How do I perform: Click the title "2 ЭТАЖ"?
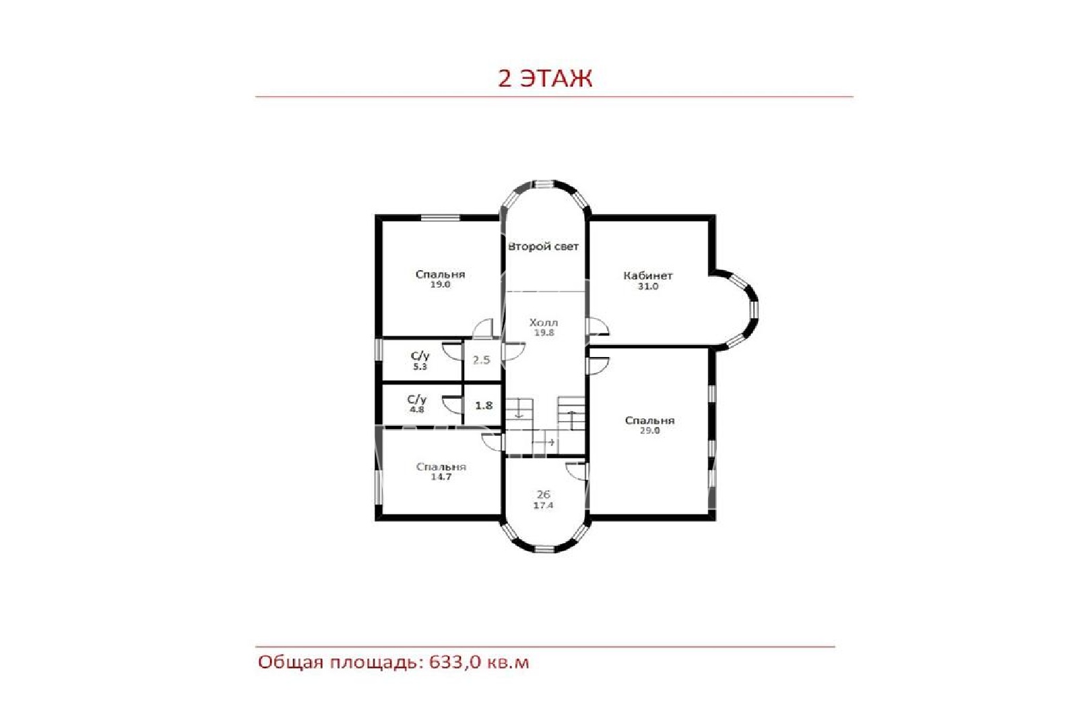(x=545, y=79)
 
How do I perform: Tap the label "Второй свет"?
(x=543, y=247)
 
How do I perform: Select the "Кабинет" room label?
(x=647, y=275)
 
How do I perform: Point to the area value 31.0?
(x=647, y=287)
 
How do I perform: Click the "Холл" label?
(x=544, y=323)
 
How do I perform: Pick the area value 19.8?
(x=544, y=333)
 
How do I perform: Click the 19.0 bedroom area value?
(x=441, y=285)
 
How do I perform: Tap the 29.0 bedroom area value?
(x=649, y=431)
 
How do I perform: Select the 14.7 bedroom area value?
(x=441, y=478)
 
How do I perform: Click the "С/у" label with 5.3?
(x=420, y=356)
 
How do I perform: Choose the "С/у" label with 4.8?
(x=417, y=400)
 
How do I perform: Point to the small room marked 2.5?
(x=481, y=360)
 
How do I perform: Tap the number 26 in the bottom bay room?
(x=543, y=494)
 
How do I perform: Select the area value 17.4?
(x=543, y=506)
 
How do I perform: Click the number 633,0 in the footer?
(x=454, y=663)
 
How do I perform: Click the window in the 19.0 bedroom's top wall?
(x=441, y=218)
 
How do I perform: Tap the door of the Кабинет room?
(x=598, y=327)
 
